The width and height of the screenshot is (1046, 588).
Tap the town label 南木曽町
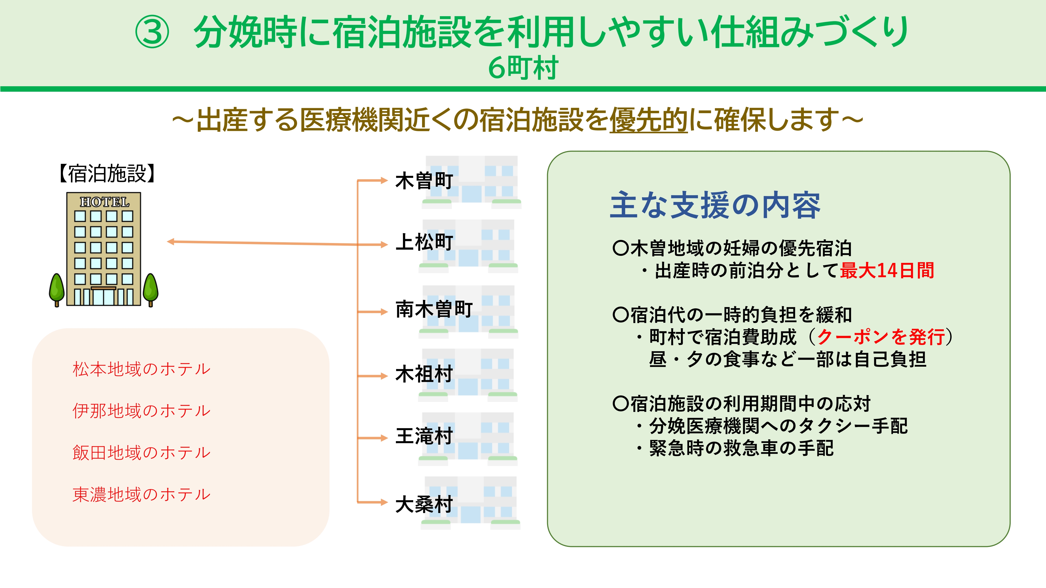(x=434, y=309)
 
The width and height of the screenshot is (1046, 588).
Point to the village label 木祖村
(x=424, y=374)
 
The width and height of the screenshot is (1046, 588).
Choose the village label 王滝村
(x=424, y=436)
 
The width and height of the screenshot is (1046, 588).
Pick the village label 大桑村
(x=424, y=504)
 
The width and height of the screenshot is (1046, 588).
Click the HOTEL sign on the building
(x=104, y=202)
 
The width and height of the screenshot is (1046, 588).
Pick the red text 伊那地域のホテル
(x=141, y=411)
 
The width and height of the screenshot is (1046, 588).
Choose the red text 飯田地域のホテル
(x=141, y=452)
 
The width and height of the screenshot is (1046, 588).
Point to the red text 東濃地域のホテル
(x=141, y=494)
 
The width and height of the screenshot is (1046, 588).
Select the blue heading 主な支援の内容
(x=715, y=205)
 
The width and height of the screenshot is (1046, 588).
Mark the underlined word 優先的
(x=649, y=120)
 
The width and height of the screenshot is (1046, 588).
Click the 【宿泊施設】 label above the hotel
(x=107, y=174)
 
